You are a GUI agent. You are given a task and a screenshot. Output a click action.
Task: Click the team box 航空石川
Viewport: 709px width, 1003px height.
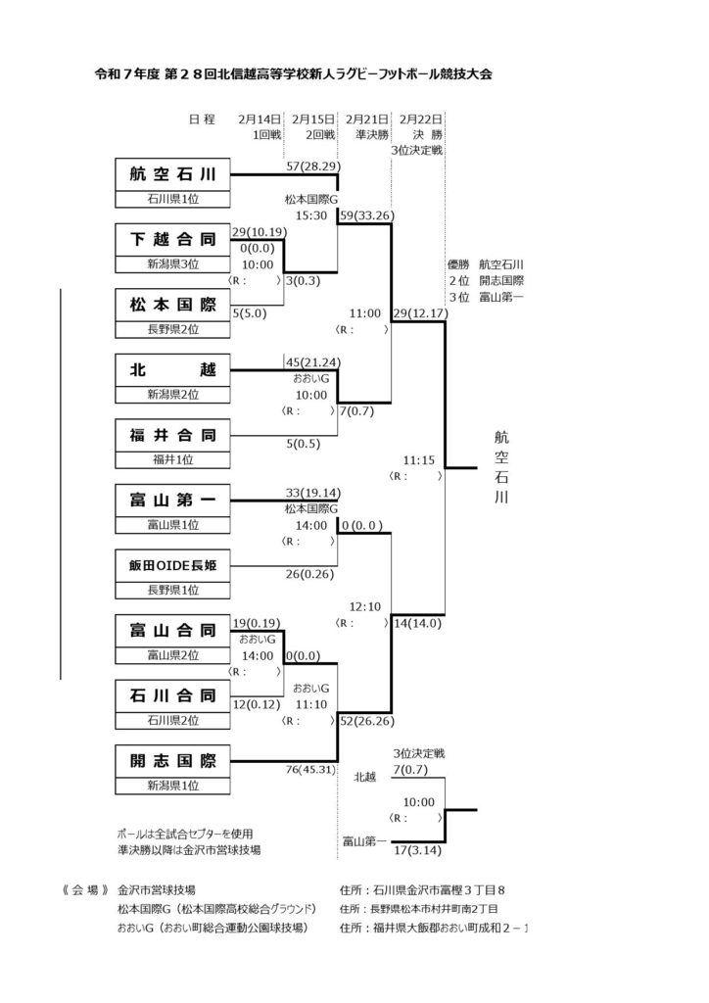[172, 175]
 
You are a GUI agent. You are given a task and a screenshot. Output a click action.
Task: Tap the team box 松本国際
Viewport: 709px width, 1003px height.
[172, 306]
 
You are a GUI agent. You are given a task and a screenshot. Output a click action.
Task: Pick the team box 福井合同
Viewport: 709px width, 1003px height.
[172, 435]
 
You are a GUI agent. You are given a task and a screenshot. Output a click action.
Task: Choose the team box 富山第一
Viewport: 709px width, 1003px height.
[172, 501]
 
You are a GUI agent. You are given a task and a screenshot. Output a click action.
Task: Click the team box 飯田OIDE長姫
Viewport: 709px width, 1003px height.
[172, 565]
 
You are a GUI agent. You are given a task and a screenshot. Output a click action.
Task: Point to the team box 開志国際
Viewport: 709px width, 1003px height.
[172, 760]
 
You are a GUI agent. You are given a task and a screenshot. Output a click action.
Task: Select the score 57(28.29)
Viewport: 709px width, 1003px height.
[312, 167]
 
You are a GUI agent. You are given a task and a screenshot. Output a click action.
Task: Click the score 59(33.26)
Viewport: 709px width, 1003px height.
[367, 213]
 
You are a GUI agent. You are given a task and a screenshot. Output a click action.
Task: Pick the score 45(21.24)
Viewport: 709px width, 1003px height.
[312, 361]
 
